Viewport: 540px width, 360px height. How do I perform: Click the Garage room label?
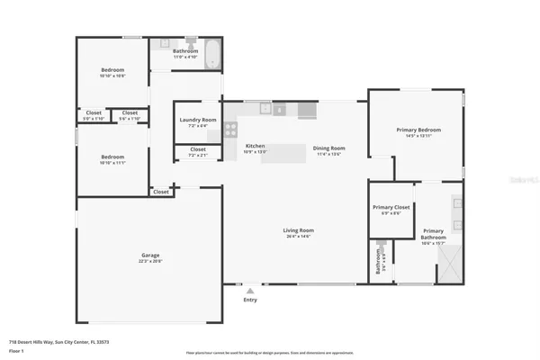pyautogui.click(x=149, y=255)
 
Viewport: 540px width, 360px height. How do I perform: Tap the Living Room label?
pyautogui.click(x=299, y=230)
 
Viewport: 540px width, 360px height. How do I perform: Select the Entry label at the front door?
pyautogui.click(x=249, y=300)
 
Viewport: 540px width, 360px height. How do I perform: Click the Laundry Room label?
pyautogui.click(x=198, y=120)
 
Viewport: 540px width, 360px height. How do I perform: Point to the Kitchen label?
pyautogui.click(x=256, y=146)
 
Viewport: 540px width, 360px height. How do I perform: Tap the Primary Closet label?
pyautogui.click(x=391, y=208)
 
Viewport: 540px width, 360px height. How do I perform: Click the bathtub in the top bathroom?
pyautogui.click(x=212, y=55)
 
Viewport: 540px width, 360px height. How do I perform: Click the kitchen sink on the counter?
pyautogui.click(x=266, y=109)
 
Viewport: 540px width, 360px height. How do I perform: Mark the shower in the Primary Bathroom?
pyautogui.click(x=446, y=262)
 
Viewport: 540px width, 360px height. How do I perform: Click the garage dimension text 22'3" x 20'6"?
pyautogui.click(x=149, y=262)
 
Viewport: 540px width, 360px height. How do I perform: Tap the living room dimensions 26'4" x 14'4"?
pyautogui.click(x=299, y=237)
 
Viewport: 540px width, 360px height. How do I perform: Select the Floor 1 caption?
pyautogui.click(x=15, y=352)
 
